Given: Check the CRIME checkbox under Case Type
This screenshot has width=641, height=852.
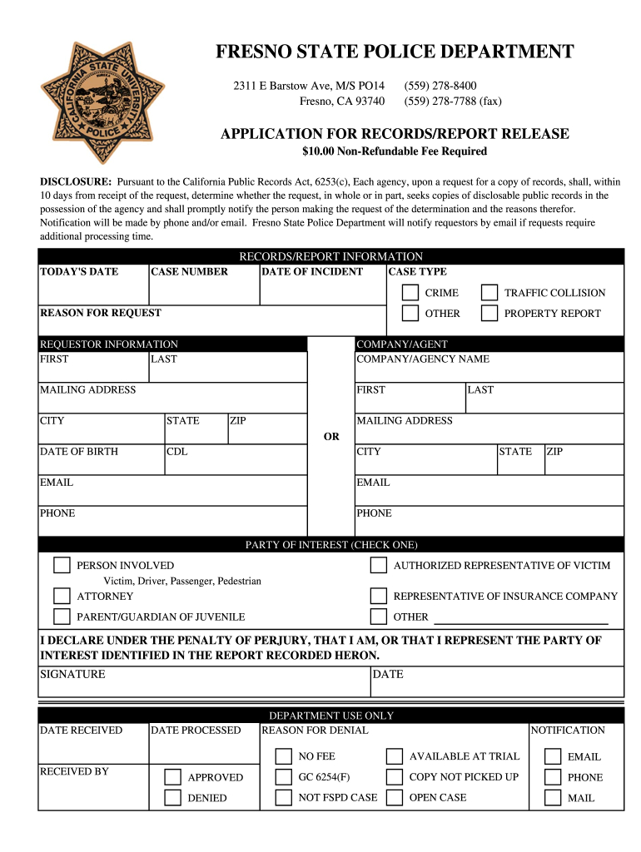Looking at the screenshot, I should click(410, 293).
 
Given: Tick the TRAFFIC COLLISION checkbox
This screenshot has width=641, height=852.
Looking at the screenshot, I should click(489, 293).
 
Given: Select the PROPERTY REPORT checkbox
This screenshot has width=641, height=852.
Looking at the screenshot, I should click(489, 314).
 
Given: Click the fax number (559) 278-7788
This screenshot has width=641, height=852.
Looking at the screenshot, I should click(453, 102).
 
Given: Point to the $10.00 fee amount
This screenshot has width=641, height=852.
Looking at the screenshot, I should click(318, 151).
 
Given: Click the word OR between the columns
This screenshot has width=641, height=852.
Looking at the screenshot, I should click(331, 437).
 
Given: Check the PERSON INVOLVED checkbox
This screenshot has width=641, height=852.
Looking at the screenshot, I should click(62, 566).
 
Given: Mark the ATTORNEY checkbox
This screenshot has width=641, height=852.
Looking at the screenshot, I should click(62, 597).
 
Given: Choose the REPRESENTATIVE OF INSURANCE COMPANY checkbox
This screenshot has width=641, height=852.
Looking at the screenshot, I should click(379, 597).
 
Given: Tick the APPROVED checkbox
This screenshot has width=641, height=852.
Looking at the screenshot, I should click(172, 777).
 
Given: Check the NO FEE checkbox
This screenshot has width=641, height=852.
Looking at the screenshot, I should click(284, 756).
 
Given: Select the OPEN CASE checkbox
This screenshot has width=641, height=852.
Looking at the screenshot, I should click(395, 798).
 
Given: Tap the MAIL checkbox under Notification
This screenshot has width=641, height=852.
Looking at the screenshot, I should click(553, 798).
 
